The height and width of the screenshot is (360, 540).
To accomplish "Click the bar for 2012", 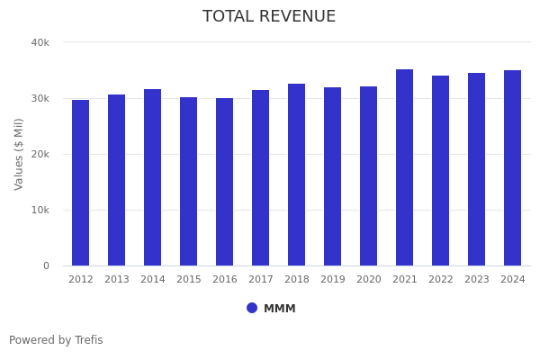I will (81, 183).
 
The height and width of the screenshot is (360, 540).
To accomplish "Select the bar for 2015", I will (189, 182).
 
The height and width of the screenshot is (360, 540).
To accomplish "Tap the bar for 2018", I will (297, 175).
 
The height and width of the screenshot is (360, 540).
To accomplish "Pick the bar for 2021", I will (405, 167).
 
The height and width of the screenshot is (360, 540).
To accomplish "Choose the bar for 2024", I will (513, 168).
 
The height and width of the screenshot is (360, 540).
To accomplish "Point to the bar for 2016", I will (225, 182).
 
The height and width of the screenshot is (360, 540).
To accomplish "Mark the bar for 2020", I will (369, 176).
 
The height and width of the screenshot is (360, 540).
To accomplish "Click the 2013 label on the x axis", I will (117, 280).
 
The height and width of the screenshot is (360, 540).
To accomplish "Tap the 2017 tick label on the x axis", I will (261, 280).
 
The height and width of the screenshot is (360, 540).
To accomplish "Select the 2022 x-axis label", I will (441, 280).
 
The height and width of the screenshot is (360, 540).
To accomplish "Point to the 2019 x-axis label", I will (333, 280).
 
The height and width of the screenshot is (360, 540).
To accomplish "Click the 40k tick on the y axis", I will (40, 42).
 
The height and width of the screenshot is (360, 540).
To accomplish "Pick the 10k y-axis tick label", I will (40, 210).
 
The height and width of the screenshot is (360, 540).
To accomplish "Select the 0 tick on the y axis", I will (45, 265).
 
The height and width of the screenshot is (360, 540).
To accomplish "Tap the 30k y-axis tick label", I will (40, 98).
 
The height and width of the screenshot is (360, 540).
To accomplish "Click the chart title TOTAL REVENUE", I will (269, 17).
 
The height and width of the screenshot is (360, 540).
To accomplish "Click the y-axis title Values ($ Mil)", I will (19, 154).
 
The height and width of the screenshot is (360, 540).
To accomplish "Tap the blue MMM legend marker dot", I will (252, 308).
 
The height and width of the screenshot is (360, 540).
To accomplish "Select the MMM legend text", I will (279, 309).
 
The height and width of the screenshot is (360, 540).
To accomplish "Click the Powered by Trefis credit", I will (56, 340).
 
